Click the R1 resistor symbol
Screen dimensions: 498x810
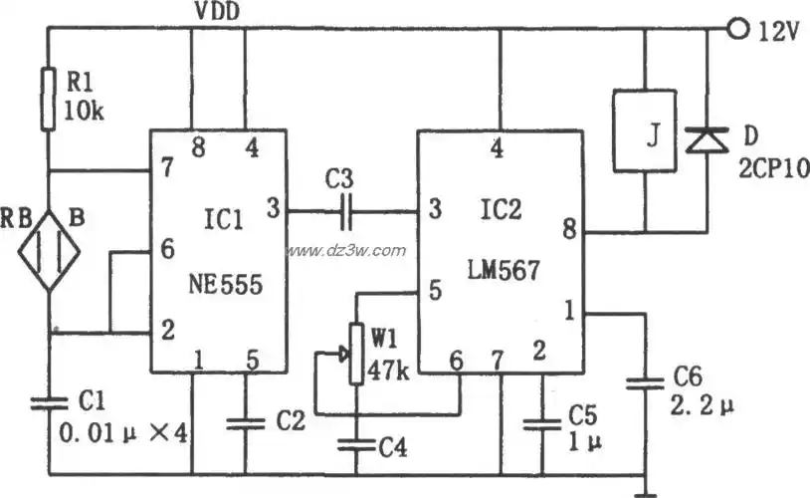click(x=47, y=99)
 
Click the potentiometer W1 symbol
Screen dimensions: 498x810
click(x=354, y=355)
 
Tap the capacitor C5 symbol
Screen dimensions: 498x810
click(x=541, y=424)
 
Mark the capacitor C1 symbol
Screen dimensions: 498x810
click(x=47, y=404)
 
